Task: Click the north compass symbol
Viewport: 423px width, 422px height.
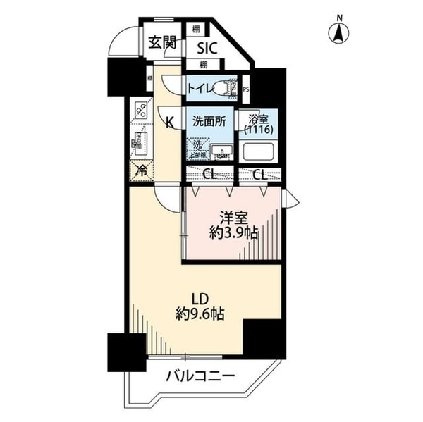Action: [338, 32]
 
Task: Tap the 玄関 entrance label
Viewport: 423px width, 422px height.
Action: [161, 43]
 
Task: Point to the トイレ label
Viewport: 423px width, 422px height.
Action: [200, 87]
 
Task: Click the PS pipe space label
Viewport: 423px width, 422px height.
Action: [246, 89]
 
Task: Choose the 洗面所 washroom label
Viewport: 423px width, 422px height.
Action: [209, 120]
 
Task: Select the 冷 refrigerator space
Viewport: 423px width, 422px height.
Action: [141, 170]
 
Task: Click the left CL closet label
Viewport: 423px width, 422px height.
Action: [210, 175]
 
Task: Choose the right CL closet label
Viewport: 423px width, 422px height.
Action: [260, 175]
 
